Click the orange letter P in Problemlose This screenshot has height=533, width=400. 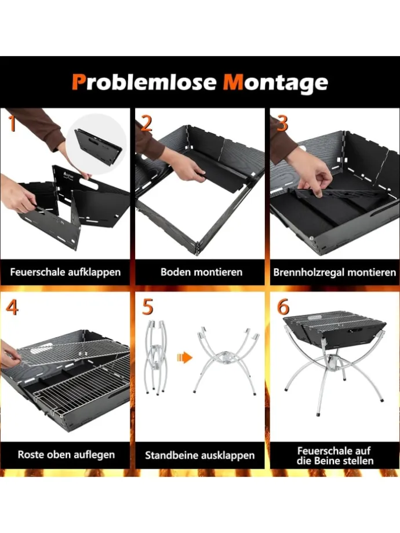[79, 82]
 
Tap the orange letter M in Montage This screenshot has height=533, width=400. [234, 82]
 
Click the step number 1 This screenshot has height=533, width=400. [11, 123]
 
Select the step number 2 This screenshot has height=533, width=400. [146, 123]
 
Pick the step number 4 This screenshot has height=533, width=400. [12, 307]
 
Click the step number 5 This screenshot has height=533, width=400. [147, 307]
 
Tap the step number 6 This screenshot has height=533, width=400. [283, 307]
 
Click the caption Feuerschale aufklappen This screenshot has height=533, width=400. [65, 271]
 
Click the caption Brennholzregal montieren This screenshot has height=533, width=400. [335, 271]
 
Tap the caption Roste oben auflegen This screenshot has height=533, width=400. [66, 455]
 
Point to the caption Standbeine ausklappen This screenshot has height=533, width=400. [200, 455]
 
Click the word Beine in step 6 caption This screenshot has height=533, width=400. [340, 461]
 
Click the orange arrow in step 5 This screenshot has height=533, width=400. [184, 357]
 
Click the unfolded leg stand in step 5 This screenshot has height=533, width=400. [225, 359]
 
